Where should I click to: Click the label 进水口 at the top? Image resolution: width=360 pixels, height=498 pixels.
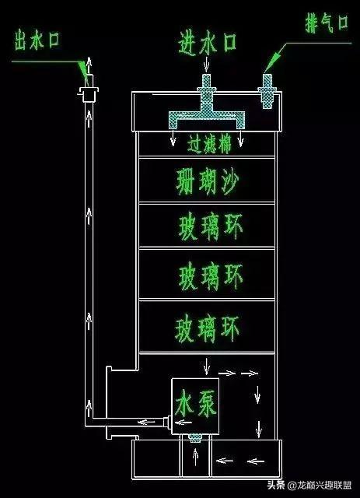coord(207,43)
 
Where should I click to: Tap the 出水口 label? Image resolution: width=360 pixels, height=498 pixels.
coord(37,40)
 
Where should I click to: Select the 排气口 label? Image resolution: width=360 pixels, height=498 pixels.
coord(327,23)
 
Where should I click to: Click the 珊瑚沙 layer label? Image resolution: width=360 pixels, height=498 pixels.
coord(207,181)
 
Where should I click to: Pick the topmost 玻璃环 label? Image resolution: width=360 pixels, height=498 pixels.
coord(211,226)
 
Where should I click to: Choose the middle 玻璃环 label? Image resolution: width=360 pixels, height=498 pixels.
coord(211,276)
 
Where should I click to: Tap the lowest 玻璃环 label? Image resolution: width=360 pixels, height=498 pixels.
coord(207,328)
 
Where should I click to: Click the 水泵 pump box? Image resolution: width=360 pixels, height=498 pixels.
coord(195,406)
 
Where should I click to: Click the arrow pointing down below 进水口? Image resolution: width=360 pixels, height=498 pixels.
coord(206,65)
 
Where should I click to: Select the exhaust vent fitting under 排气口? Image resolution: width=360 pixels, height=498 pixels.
coord(267,91)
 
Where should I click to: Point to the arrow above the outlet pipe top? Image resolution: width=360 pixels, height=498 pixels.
coord(89,65)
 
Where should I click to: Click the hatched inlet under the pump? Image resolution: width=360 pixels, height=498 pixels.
coord(195,438)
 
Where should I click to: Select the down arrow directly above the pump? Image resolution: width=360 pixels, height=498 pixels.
coord(207,366)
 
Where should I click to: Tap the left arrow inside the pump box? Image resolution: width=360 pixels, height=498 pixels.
coord(183,423)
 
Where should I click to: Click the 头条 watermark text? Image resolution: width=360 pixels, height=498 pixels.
coord(275,485)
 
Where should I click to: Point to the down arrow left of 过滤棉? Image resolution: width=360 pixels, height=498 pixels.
coord(173,139)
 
